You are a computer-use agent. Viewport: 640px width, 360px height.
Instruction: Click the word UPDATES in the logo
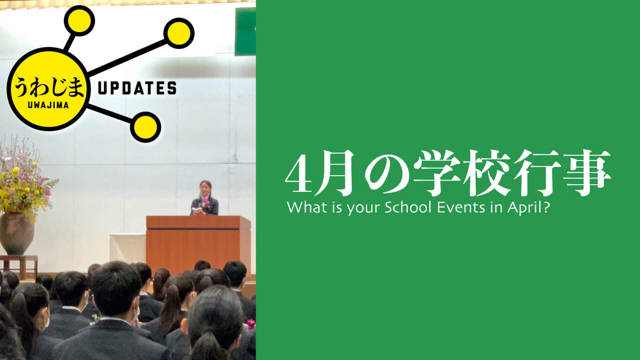[x=137, y=88]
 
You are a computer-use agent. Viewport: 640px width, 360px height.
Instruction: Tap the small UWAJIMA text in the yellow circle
[x=48, y=105]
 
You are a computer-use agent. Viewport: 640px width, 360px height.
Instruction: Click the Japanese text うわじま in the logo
[x=49, y=87]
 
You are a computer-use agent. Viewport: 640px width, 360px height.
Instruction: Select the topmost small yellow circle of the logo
[x=79, y=20]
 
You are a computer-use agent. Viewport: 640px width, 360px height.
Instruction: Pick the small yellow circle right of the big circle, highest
[x=179, y=34]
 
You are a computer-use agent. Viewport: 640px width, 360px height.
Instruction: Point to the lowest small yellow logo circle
[x=145, y=127]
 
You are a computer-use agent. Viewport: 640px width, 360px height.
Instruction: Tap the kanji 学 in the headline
[x=437, y=172]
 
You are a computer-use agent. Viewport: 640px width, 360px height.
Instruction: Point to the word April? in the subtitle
[x=528, y=208]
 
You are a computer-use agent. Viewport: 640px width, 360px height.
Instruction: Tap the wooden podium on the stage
[x=198, y=244]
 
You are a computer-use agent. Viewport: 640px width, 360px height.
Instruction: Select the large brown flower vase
[x=16, y=233]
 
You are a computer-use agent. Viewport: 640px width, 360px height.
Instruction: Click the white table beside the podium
[x=128, y=248]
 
